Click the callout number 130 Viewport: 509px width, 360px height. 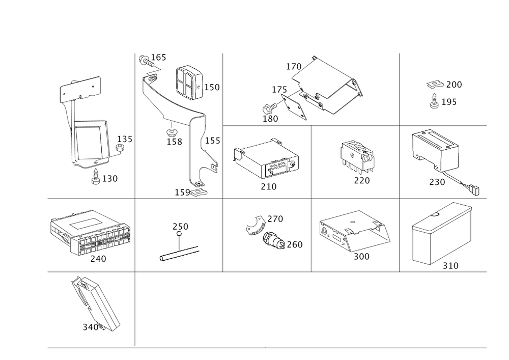111,179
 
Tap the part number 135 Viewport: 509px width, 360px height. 126,140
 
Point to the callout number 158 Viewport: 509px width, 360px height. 174,142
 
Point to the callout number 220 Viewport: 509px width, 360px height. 362,180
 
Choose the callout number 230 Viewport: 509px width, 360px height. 437,182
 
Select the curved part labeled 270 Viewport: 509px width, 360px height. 254,225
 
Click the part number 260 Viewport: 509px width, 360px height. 295,245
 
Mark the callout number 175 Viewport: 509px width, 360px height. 279,90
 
